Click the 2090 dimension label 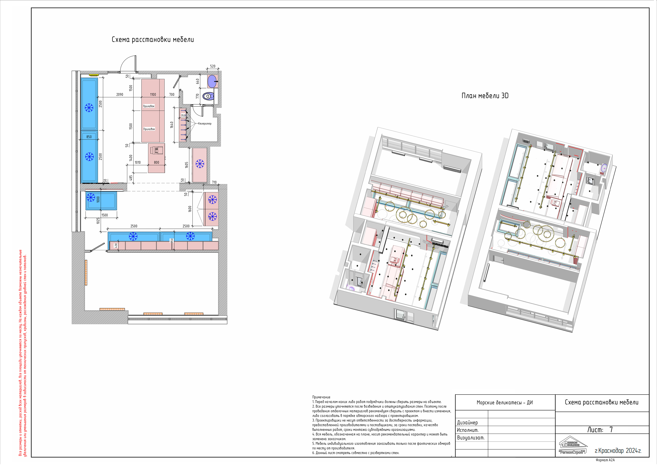click(120, 94)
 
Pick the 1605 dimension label click(187, 165)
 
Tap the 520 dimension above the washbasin click(213, 66)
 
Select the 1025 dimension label click(98, 221)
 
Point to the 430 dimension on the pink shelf click(116, 246)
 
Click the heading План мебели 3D click(485, 96)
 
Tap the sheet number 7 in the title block click(611, 429)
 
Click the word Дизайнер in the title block click(467, 422)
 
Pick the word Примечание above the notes click(321, 397)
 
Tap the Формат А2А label click(605, 460)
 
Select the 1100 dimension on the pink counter click(153, 94)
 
